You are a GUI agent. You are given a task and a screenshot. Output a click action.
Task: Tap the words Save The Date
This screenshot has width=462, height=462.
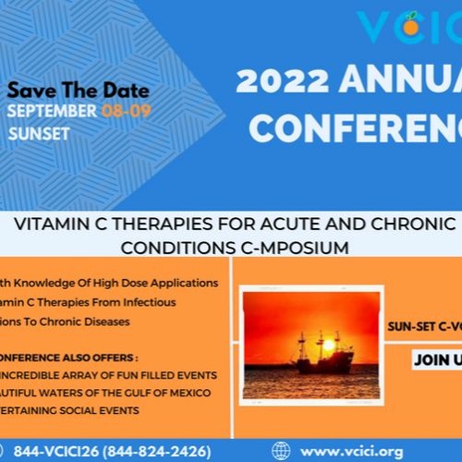tap(79, 91)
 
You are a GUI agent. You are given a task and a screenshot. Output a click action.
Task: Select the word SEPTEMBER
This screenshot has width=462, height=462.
tap(52, 111)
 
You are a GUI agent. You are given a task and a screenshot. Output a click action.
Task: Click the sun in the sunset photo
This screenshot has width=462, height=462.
tap(327, 345)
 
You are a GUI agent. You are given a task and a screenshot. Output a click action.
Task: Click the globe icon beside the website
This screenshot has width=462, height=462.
tap(281, 451)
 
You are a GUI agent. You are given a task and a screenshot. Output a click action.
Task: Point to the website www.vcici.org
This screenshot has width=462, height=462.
tap(352, 451)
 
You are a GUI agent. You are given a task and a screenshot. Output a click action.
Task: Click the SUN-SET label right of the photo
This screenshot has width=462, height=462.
tap(408, 325)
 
